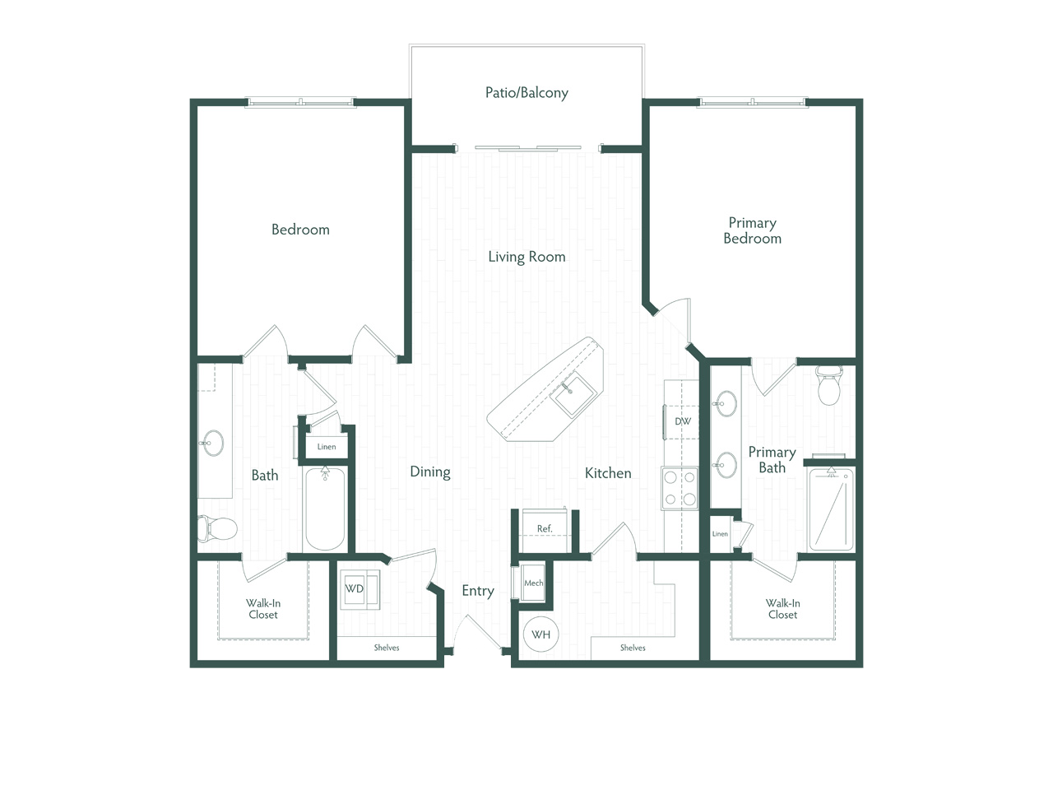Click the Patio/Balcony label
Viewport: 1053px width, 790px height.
tap(526, 92)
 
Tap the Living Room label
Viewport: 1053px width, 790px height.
tap(526, 257)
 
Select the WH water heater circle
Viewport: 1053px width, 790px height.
tap(540, 634)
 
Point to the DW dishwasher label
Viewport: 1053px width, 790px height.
tap(683, 421)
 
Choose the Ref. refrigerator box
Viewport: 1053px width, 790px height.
tap(545, 531)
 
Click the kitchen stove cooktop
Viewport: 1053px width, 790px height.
tap(680, 487)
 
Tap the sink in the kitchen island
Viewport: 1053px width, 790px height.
tap(573, 395)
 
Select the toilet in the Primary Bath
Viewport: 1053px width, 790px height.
tap(829, 385)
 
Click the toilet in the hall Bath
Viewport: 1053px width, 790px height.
tap(217, 528)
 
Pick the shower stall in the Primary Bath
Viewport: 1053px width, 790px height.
tap(832, 509)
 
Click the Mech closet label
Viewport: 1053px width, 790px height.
tap(533, 583)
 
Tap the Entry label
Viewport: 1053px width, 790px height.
tap(478, 591)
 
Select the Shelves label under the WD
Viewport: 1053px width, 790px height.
tap(387, 648)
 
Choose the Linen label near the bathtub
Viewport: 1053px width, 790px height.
tap(327, 447)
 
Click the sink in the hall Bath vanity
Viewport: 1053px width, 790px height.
tap(211, 443)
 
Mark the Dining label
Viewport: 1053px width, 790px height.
tap(429, 472)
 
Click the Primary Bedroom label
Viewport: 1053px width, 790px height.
tap(752, 230)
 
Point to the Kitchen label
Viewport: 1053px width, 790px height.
tap(608, 473)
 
